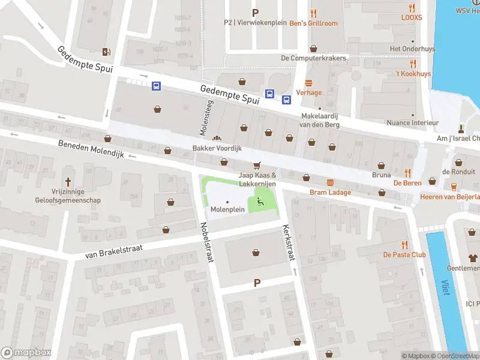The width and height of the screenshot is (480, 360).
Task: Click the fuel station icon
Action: click(107, 52)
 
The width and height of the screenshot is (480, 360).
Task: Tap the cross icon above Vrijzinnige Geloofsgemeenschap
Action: click(68, 181)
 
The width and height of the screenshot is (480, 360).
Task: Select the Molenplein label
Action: click(227, 209)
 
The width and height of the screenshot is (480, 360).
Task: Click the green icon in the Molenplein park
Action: click(260, 201)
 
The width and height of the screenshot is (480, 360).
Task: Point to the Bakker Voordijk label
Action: click(217, 148)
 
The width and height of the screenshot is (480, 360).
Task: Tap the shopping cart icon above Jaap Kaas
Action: click(257, 165)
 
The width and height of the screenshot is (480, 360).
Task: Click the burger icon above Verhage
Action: click(309, 83)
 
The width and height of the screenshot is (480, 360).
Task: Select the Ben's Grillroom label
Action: click(313, 23)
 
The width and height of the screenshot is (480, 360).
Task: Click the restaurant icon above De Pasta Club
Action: click(404, 244)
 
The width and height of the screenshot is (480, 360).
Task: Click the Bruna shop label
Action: click(381, 175)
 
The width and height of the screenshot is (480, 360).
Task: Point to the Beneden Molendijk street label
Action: click(91, 149)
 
